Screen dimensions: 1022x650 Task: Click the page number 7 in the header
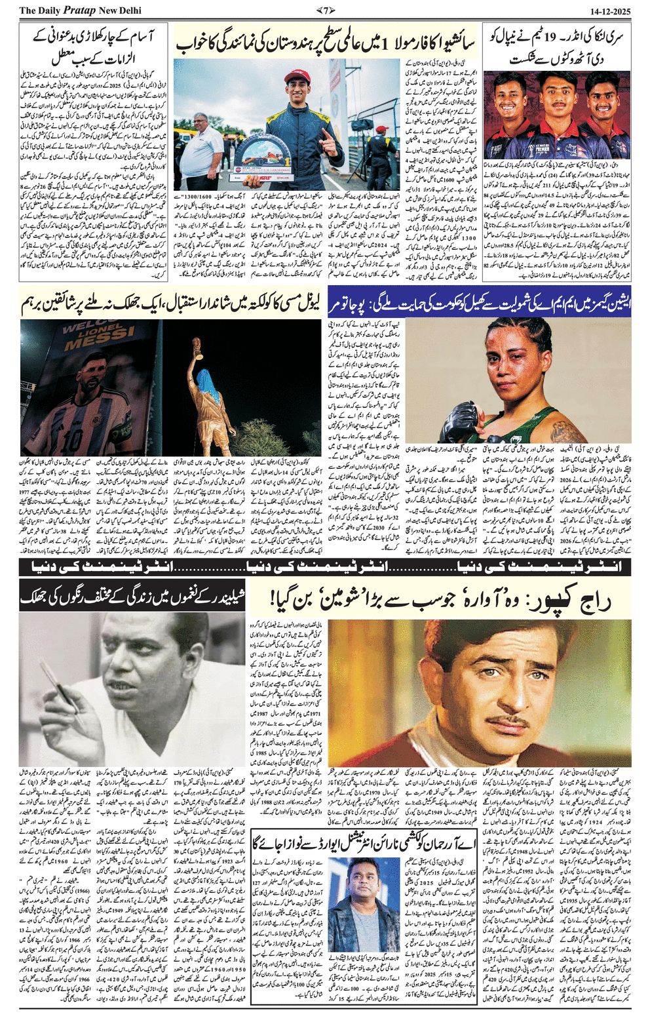point(326,9)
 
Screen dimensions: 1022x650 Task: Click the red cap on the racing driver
point(296,78)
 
